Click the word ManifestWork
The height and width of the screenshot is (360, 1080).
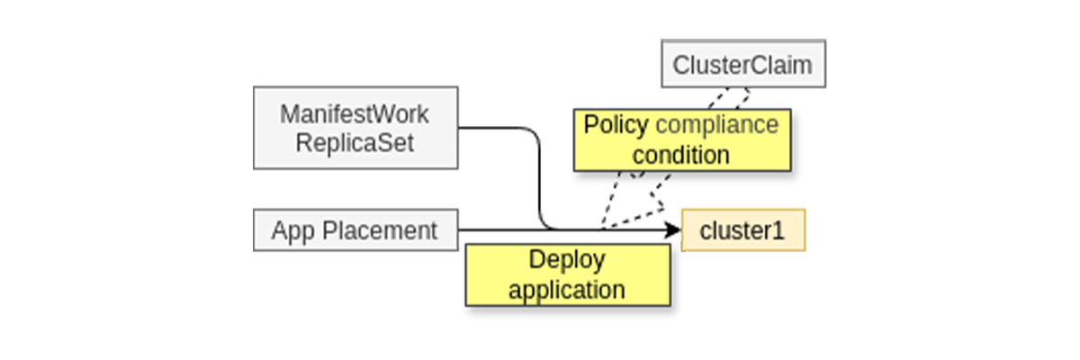point(355,115)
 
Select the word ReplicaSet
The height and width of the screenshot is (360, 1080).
point(355,143)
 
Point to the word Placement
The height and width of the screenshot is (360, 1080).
point(379,230)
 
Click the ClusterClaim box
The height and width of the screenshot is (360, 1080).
point(742,64)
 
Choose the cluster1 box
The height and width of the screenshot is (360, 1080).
point(742,230)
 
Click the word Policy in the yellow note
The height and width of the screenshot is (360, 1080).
point(616,125)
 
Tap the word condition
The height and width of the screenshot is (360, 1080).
point(681,155)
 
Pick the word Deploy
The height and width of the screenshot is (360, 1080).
point(567,259)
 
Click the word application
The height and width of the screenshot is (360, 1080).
point(567,290)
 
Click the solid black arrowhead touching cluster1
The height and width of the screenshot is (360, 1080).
point(673,230)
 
